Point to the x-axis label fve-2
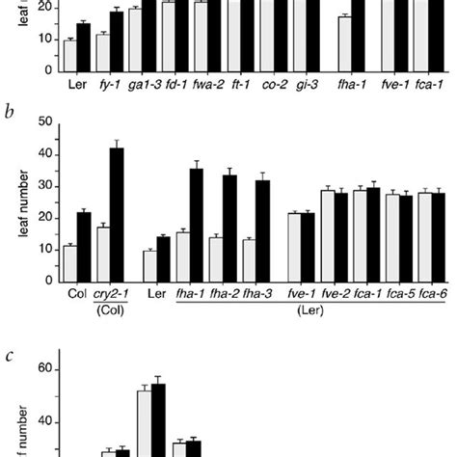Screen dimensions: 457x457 335,295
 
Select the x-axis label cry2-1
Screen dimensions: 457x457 110,295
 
